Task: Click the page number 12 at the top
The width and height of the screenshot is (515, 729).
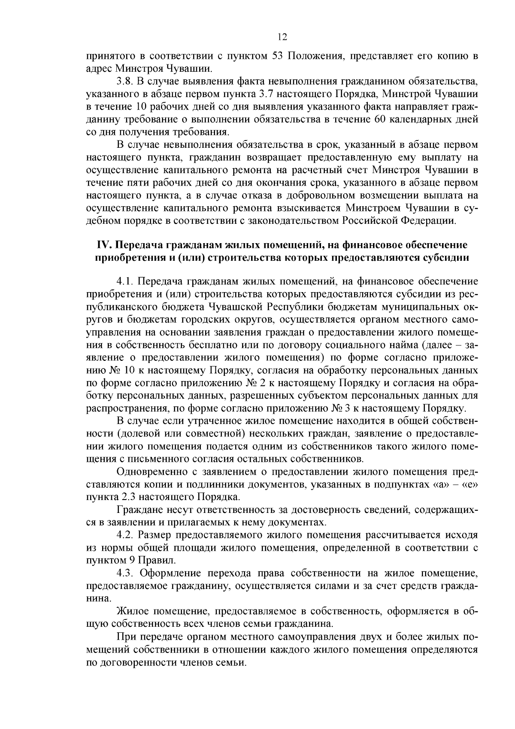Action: [282, 37]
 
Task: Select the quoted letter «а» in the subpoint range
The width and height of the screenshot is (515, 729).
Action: [439, 485]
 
